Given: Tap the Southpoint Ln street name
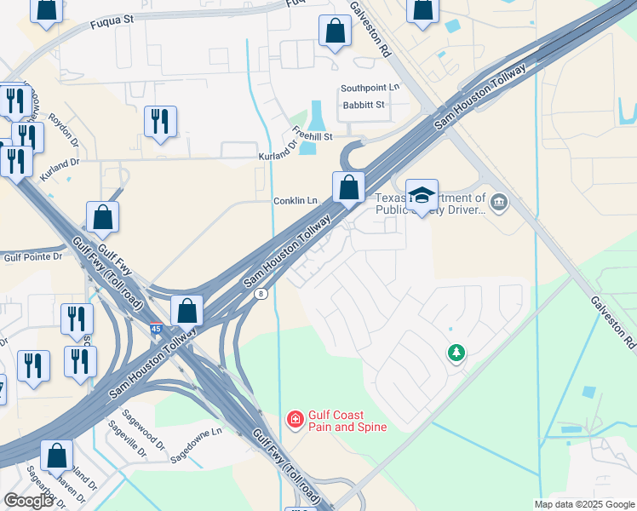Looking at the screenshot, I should point(370,88).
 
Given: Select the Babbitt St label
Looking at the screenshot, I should point(364,105).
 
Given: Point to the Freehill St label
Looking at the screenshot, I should point(312,135).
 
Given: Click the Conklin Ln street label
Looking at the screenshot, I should point(295,201).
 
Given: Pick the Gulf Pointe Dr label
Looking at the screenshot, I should point(33,256).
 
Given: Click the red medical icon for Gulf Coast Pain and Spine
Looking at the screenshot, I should point(295,418).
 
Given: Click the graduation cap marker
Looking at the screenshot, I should point(421,196).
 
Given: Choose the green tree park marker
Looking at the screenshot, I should point(456,352).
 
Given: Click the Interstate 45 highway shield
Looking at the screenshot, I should point(156,328).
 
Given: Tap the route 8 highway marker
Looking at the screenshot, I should point(261,294).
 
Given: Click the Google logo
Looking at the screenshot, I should point(29,501).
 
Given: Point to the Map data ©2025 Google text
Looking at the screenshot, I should point(583,503).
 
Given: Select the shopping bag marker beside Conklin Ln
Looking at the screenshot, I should point(348,188).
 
